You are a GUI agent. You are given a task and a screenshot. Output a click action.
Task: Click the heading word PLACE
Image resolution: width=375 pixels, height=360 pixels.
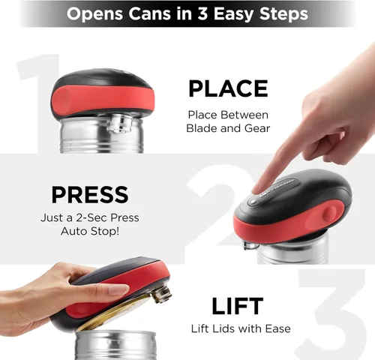(x=228, y=88)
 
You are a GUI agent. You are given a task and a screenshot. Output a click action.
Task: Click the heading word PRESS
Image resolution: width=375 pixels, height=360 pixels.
(x=90, y=195)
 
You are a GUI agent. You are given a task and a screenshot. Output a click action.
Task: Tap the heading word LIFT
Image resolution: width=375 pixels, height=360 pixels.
(x=238, y=306)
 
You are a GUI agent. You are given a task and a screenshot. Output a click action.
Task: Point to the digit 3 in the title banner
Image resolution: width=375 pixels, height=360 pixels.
(x=202, y=13)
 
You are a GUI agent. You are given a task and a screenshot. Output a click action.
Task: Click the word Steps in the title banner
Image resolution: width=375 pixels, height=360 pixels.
(x=283, y=14)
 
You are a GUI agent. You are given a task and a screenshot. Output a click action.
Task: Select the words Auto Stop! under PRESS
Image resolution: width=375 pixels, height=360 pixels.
(x=90, y=231)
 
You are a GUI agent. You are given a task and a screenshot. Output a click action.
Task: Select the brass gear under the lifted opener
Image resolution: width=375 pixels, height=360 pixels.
(x=162, y=295)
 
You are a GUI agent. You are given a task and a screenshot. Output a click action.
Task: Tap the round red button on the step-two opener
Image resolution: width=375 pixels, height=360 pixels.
(x=330, y=213)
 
